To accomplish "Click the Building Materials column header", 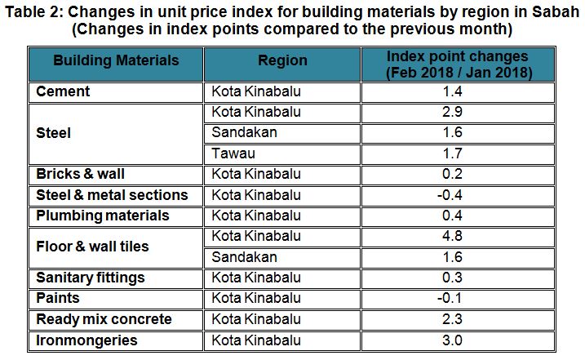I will point(115,61).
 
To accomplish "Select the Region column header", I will point(282,61).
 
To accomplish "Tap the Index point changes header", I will point(457,64).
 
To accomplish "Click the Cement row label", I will point(63,91).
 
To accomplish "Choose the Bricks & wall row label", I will point(80,174).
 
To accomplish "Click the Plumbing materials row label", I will point(103,216).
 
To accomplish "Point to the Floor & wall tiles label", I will point(92,247).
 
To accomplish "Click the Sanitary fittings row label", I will point(91,278).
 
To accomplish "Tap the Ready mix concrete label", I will point(104,319).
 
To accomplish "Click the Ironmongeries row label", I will point(86,340).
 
